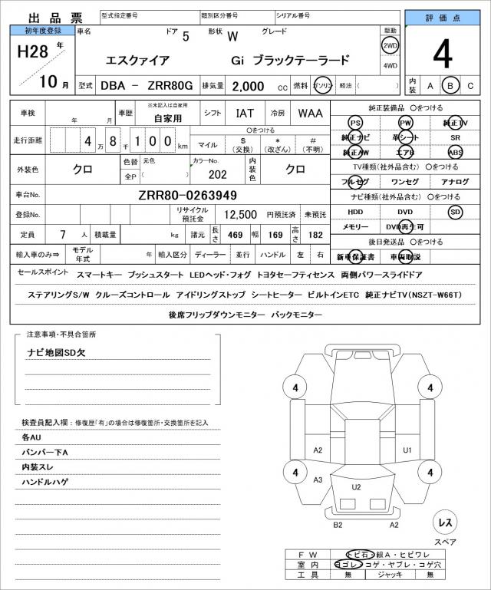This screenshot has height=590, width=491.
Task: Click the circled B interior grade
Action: point(451,86)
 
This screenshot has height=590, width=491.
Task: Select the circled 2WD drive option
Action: point(390,45)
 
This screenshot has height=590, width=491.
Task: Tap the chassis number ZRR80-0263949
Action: point(187,195)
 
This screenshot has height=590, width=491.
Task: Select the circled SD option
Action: point(455,211)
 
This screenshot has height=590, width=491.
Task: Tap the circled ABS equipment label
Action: point(455,152)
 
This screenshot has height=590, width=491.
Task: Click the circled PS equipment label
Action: point(354,123)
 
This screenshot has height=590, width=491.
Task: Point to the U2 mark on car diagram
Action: point(357,487)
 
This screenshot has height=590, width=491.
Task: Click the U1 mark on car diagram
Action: point(407,450)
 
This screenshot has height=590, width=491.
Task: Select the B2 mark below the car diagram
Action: point(337,525)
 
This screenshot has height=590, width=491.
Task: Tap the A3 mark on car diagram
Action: point(318,480)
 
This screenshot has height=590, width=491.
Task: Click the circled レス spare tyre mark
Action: point(444,522)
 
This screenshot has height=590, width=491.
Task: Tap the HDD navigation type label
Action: point(355,211)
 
